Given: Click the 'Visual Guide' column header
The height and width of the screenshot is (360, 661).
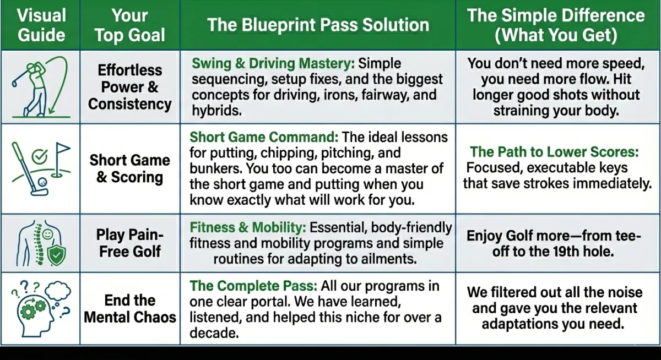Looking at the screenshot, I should (x=41, y=25).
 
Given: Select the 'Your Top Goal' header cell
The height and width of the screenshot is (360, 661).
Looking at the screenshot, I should (x=129, y=25).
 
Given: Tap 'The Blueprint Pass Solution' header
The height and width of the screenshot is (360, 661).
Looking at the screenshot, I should (x=318, y=25).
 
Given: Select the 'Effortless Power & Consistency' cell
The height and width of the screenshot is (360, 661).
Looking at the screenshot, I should (x=130, y=86).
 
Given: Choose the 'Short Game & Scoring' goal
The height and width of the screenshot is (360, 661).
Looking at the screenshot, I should (x=130, y=168).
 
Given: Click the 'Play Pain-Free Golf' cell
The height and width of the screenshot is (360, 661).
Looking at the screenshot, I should (x=130, y=243).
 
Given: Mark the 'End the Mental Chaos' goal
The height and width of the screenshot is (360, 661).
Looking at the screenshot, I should (x=130, y=308).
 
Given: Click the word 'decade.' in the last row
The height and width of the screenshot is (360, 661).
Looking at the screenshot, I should (x=212, y=333).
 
